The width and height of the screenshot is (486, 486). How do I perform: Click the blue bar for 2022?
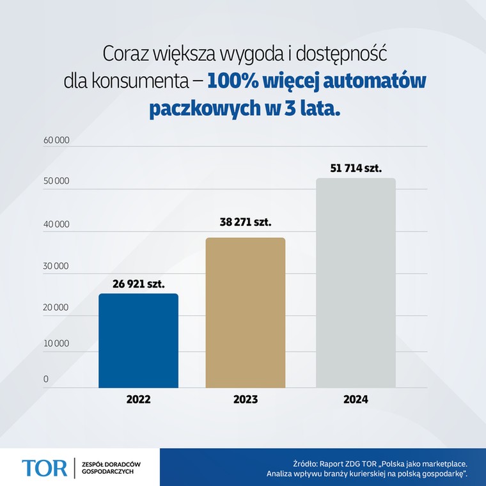tap(138, 340)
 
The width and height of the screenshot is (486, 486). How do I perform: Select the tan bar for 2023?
tap(245, 312)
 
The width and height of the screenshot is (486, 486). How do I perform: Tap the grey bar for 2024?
tap(356, 283)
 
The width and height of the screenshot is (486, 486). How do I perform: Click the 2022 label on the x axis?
tap(138, 400)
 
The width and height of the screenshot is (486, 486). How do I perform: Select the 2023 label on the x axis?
tap(245, 400)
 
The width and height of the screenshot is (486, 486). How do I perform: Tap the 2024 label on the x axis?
tap(356, 400)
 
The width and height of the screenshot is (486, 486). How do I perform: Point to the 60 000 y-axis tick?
tap(56, 140)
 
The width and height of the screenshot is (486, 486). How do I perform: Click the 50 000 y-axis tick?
tap(56, 182)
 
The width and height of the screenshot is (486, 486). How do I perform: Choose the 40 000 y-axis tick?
tap(56, 224)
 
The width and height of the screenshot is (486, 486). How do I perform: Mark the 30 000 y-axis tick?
tap(56, 266)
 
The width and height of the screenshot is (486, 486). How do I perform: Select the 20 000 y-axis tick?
tap(56, 308)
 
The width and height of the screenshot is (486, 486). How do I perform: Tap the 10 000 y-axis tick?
tap(56, 343)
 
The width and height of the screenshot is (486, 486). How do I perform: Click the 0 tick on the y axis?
tap(46, 379)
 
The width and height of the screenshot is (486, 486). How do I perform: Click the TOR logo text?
tap(44, 467)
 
